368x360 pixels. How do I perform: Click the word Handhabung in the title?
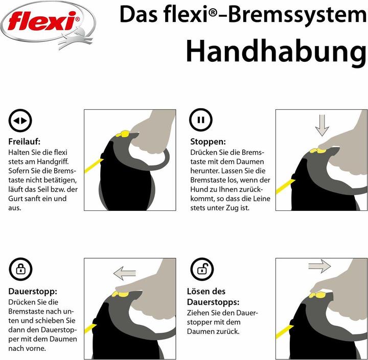(x=275, y=51)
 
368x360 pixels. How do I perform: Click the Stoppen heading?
(x=208, y=142)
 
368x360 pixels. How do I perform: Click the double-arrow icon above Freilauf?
(x=21, y=121)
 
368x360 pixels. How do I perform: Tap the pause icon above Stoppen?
(x=200, y=121)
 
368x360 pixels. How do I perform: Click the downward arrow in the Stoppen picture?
(x=321, y=125)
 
